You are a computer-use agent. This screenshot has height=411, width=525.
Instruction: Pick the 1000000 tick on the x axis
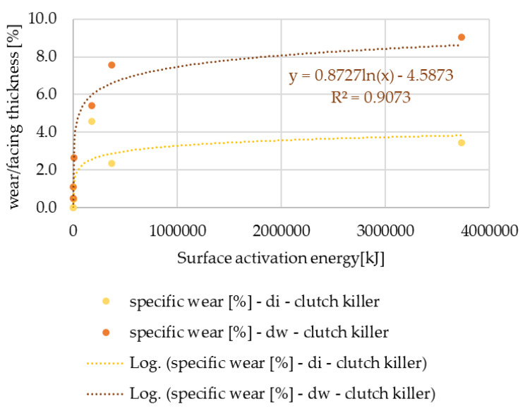[x=176, y=230]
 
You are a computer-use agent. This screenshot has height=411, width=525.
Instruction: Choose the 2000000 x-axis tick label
[x=281, y=230]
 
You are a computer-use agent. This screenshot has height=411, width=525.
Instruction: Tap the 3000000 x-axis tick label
[x=385, y=230]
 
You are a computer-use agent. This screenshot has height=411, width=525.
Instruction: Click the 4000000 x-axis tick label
[x=489, y=230]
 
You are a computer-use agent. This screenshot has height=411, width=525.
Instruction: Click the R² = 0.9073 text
[x=370, y=97]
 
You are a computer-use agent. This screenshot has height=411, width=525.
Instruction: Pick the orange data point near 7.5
[x=111, y=65]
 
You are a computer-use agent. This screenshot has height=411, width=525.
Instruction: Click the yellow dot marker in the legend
[x=107, y=301]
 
